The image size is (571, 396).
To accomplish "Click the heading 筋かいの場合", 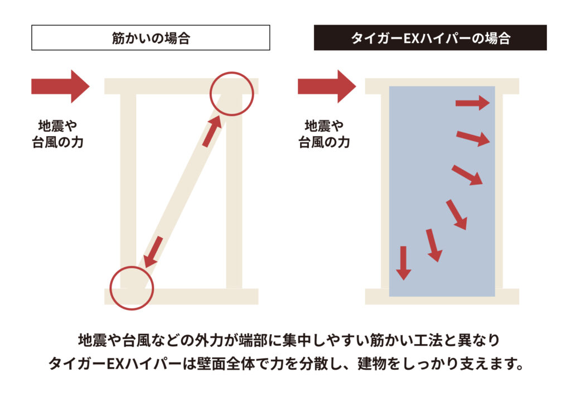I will coord(151,38).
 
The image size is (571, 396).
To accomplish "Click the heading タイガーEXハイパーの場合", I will coord(430,38).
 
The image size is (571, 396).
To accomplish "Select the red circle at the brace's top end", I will coord(231,94).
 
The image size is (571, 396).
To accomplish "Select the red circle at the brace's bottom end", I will coord(132,288).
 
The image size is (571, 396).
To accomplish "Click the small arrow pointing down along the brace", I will coord(153,252).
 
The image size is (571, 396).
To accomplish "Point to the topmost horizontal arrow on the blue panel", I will coord(472,103).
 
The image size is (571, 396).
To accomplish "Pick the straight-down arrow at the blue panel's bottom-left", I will coord(403,263).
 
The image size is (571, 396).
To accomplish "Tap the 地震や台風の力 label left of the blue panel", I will coord(324,134).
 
